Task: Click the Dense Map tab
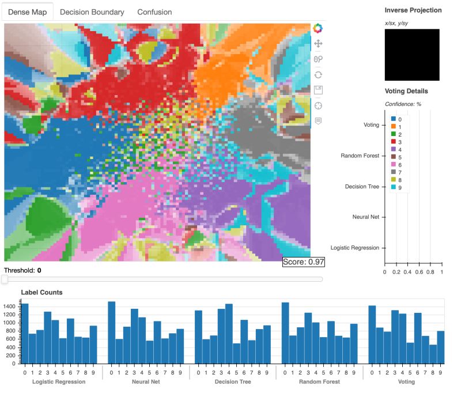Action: pyautogui.click(x=28, y=12)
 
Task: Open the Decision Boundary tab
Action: pyautogui.click(x=92, y=12)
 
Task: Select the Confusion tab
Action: pyautogui.click(x=154, y=12)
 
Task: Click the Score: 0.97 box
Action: pyautogui.click(x=303, y=262)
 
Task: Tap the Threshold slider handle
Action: pyautogui.click(x=5, y=279)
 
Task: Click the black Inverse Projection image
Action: pyautogui.click(x=411, y=55)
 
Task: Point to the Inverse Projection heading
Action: pyautogui.click(x=413, y=10)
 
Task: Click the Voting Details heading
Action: pyautogui.click(x=406, y=91)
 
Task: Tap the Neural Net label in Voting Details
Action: pyautogui.click(x=365, y=217)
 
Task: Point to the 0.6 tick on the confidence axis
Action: pyautogui.click(x=419, y=272)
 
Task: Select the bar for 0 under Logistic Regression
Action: pyautogui.click(x=25, y=334)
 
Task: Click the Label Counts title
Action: pyautogui.click(x=41, y=292)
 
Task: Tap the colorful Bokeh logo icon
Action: pyautogui.click(x=318, y=28)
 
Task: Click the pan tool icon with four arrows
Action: pyautogui.click(x=318, y=44)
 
